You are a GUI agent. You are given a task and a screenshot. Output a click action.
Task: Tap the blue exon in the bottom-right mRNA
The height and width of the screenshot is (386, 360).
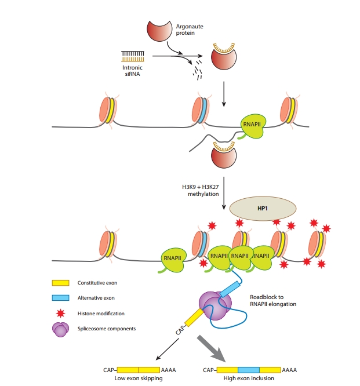(248, 369)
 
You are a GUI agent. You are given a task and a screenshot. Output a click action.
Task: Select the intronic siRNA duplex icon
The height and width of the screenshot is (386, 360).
(133, 56)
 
